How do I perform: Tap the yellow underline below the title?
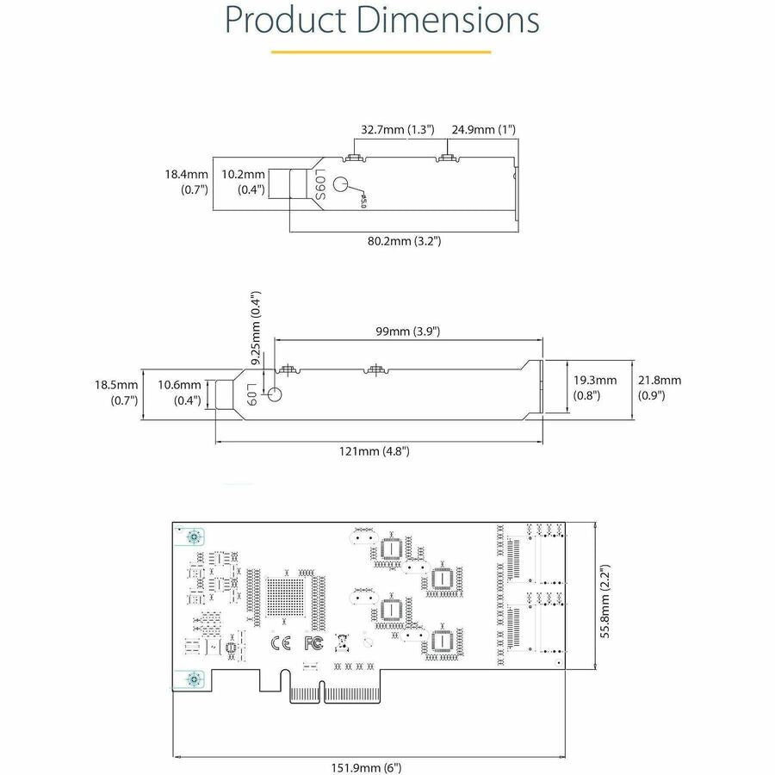click(x=381, y=52)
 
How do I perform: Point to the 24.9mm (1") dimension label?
click(x=484, y=129)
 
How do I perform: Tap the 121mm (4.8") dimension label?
click(x=380, y=450)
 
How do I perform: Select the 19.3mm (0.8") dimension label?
click(x=594, y=387)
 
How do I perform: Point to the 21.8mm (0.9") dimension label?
click(x=659, y=387)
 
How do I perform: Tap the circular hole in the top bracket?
click(x=341, y=184)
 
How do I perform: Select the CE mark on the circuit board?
click(x=280, y=642)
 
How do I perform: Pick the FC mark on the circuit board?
click(x=313, y=642)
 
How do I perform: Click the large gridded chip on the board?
click(x=286, y=596)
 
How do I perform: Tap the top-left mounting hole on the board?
click(x=195, y=536)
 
